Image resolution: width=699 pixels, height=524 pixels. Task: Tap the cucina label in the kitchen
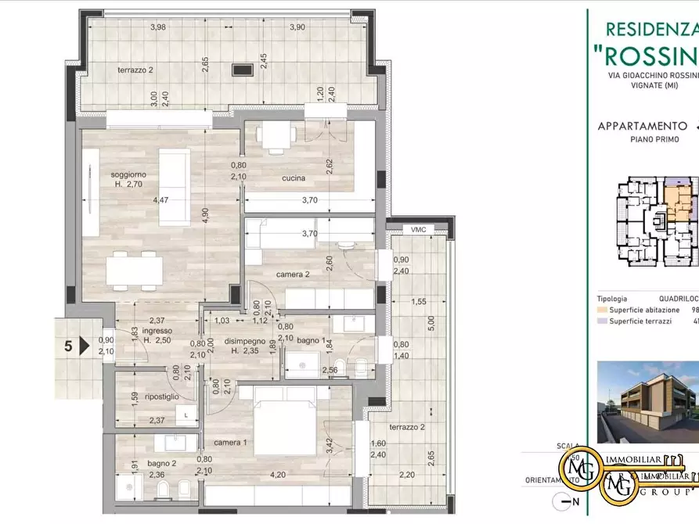click(x=294, y=179)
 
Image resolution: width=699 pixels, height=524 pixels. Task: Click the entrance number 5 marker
click(x=69, y=346)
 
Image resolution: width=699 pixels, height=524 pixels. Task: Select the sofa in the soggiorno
click(x=174, y=185)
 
